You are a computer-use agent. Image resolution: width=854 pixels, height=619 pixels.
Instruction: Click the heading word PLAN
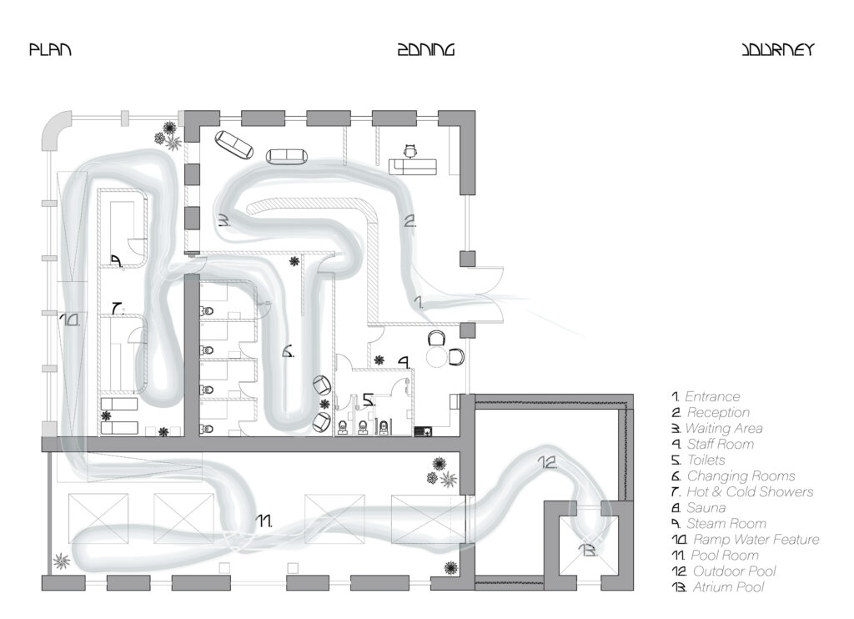tap(50, 50)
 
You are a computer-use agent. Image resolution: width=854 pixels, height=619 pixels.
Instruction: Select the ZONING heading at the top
tap(425, 50)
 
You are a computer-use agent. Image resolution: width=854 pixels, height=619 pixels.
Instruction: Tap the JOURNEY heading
tap(776, 50)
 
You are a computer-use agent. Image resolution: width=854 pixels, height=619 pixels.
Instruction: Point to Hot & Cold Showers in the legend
tap(749, 491)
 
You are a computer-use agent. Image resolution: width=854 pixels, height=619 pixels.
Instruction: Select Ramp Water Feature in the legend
tap(752, 539)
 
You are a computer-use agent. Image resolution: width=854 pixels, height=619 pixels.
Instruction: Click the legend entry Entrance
tap(711, 396)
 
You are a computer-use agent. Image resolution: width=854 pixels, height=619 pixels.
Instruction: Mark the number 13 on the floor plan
tap(588, 551)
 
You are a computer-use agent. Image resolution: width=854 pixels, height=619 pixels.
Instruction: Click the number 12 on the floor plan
tap(547, 461)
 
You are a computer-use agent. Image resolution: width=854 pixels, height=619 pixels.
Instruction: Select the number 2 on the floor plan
tap(409, 222)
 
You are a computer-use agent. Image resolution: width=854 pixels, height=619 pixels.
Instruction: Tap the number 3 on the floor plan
tap(224, 221)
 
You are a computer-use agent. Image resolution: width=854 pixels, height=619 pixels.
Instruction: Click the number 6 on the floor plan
tap(288, 352)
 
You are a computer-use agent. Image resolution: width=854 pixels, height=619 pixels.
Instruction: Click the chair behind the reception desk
tap(410, 150)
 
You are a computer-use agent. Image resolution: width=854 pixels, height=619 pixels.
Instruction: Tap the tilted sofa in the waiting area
tap(234, 144)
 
